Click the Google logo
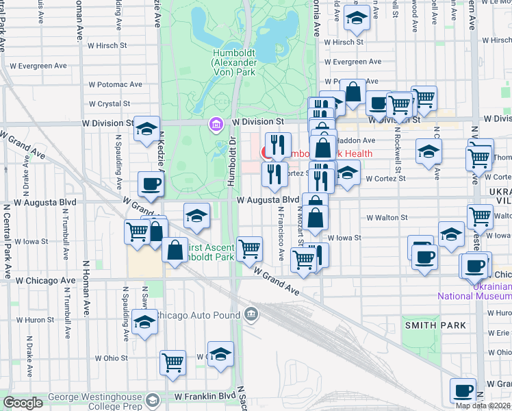tap(23, 403)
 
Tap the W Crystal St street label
tap(115, 104)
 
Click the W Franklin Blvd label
tap(205, 397)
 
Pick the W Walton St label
tap(387, 217)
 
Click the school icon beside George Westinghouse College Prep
tap(155, 399)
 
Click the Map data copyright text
tap(483, 406)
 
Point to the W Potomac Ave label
tap(115, 84)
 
